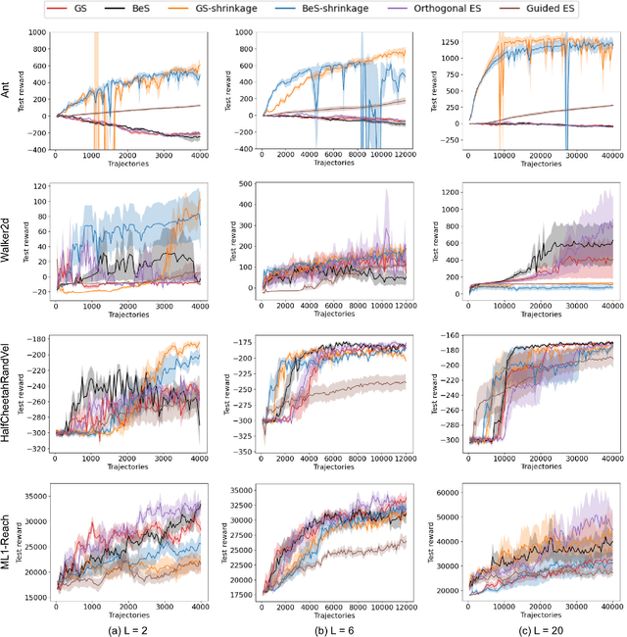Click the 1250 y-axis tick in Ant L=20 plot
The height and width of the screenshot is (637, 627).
pyautogui.click(x=443, y=43)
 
